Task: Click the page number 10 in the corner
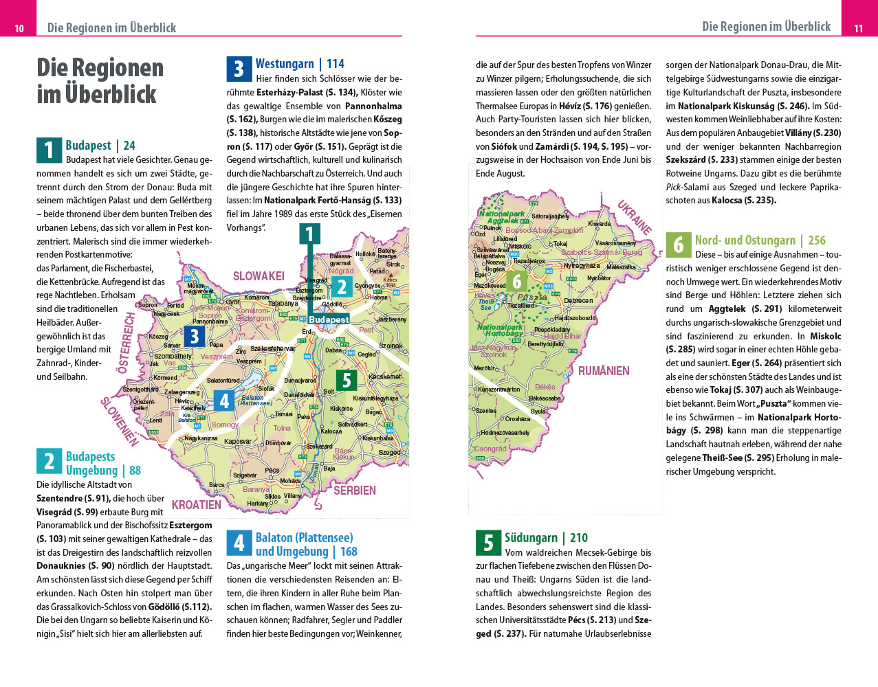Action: click(19, 28)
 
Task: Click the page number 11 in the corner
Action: click(858, 28)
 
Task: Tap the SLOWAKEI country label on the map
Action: click(259, 276)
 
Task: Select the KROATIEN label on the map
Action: click(197, 505)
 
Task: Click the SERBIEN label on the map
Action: click(355, 491)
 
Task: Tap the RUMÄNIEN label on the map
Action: click(604, 371)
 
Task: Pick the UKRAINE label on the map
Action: click(634, 217)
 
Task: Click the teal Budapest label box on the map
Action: click(329, 319)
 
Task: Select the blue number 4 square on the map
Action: click(224, 400)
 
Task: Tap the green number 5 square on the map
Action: click(347, 380)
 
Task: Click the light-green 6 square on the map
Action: click(517, 281)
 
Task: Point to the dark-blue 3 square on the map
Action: click(195, 336)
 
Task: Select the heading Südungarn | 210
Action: click(546, 538)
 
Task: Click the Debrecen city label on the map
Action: click(578, 301)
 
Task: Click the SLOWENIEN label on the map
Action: click(119, 421)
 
